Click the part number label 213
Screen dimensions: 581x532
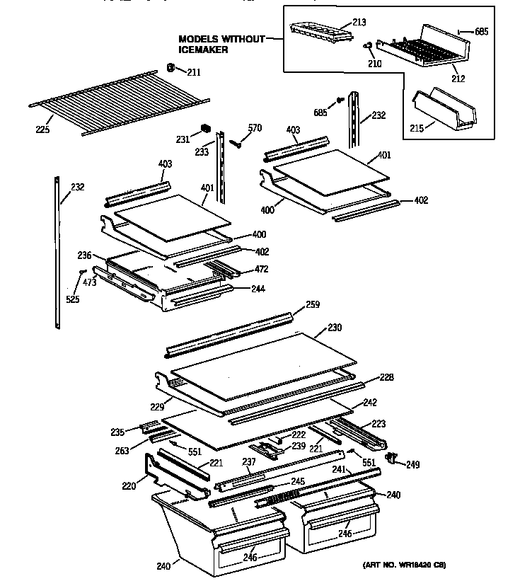[359, 23]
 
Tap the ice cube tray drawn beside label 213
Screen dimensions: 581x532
[320, 28]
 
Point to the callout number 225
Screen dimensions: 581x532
[42, 130]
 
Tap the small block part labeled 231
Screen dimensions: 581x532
[206, 128]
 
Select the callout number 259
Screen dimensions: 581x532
[313, 305]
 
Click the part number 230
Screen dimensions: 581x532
[334, 328]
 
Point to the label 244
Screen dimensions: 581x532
[258, 289]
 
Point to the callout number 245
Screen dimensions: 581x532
[298, 482]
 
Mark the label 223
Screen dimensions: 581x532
[379, 424]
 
